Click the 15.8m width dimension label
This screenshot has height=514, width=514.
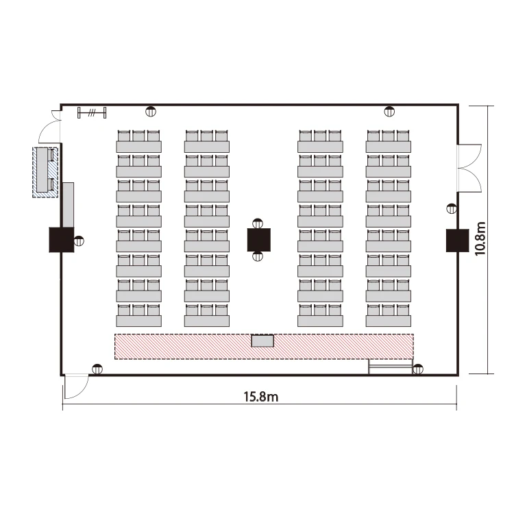point(261,397)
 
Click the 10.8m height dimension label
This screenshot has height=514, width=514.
point(480,238)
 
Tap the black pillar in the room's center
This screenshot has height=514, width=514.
point(258,240)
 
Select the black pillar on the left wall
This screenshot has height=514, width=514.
point(61,240)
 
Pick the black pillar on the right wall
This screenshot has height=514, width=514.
point(457,241)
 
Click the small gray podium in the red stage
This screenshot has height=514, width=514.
point(262,341)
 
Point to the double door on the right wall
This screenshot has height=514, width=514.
point(469,168)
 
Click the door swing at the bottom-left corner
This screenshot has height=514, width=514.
point(76,387)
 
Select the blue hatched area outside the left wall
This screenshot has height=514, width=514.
point(45,173)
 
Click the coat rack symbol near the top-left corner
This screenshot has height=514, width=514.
point(92,113)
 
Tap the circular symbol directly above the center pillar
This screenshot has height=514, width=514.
point(258,223)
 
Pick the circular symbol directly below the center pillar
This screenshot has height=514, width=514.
point(258,256)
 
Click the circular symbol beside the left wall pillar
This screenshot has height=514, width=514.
point(79,241)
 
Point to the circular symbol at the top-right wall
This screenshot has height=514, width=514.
point(389,112)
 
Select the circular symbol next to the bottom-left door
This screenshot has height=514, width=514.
point(97,369)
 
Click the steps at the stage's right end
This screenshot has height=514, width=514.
point(391,367)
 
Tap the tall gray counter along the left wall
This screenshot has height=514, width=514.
point(68,205)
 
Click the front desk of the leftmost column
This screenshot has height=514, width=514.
point(138,321)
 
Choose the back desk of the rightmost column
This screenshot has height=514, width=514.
point(389,147)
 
